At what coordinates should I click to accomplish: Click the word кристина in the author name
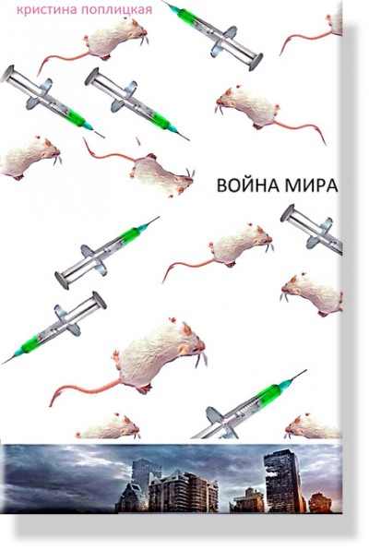click(x=47, y=10)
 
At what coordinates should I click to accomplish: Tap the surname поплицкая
click(x=116, y=10)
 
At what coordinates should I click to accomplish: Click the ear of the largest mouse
click(x=187, y=329)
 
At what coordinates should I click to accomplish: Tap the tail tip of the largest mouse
click(x=52, y=404)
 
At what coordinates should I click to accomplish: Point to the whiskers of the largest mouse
click(x=200, y=360)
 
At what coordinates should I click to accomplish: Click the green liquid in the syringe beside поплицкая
click(x=188, y=15)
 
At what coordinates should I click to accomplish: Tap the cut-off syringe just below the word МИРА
click(x=312, y=228)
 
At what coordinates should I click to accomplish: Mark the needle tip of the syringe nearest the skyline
click(x=306, y=370)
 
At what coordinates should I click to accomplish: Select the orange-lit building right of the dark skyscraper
click(x=319, y=503)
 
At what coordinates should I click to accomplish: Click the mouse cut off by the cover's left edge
click(x=30, y=157)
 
